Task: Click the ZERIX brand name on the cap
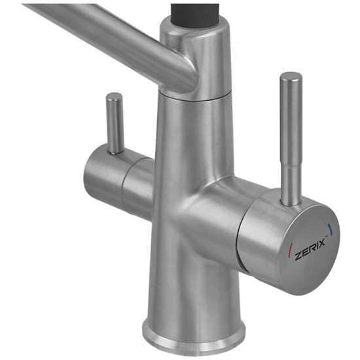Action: [310, 249]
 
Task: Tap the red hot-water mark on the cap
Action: [290, 248]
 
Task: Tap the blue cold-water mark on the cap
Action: [331, 228]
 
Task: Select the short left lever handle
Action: [115, 123]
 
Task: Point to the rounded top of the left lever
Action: [114, 96]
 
